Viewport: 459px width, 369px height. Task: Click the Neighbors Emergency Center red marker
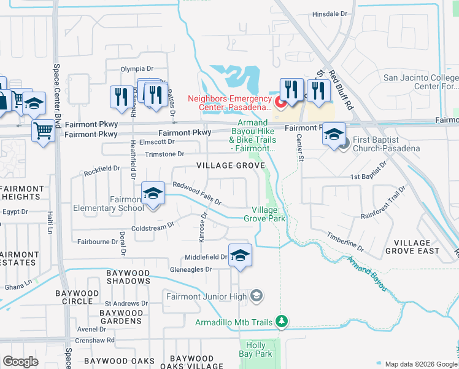click(280, 101)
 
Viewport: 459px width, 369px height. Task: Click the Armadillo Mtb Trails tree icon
click(282, 321)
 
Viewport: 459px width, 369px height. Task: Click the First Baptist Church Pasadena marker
click(343, 143)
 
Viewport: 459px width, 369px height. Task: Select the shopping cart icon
click(43, 130)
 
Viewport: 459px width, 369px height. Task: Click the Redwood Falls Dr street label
click(196, 193)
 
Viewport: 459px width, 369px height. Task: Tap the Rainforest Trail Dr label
click(384, 203)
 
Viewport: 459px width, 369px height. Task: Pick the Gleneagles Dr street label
click(192, 269)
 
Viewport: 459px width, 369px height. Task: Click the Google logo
click(21, 362)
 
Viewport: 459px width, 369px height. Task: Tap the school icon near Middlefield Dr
click(241, 255)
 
